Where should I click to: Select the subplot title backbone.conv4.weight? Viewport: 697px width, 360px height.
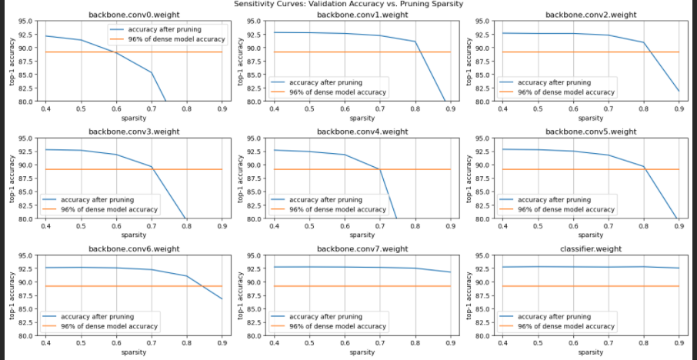point(362,132)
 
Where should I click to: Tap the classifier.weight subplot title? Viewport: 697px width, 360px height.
point(591,248)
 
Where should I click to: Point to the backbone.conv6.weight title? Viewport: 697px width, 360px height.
point(133,248)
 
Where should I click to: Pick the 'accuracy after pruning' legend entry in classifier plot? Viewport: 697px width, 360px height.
point(555,316)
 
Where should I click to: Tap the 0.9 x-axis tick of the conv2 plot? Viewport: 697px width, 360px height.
point(679,109)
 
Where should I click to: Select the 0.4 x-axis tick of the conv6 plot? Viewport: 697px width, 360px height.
point(45,343)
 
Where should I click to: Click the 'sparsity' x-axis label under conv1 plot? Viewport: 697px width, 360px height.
point(362,118)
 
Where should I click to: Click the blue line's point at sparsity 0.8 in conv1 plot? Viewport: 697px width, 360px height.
point(415,42)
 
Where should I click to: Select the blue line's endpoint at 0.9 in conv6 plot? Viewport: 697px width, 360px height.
point(222,298)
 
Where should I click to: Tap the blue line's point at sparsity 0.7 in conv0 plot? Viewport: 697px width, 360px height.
point(151,73)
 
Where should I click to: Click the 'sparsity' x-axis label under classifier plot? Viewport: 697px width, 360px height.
point(591,352)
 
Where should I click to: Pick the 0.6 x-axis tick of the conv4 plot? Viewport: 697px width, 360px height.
point(345,226)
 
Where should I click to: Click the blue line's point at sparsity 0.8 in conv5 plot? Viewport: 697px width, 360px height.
point(643,166)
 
